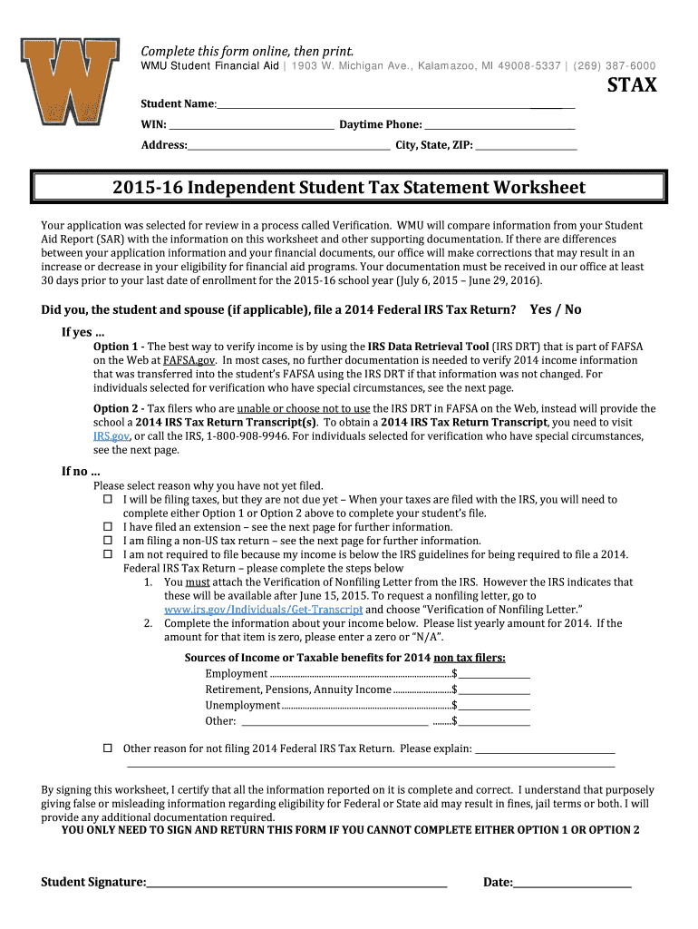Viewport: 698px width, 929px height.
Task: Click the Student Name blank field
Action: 394,103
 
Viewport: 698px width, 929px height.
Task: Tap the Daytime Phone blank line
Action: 499,124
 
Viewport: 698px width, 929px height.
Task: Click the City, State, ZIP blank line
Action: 526,144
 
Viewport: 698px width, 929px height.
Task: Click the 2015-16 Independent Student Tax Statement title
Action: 349,188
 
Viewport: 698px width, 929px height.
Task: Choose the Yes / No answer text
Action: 556,309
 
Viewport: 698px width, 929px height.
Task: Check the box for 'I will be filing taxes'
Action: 107,500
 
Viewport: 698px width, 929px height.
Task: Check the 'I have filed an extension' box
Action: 107,527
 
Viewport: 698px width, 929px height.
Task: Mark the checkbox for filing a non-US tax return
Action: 107,541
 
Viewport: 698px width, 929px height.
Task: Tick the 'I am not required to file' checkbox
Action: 107,554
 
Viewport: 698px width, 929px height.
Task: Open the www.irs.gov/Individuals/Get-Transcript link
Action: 262,610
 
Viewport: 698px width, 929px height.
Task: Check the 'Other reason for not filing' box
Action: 107,748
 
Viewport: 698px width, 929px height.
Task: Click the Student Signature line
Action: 297,882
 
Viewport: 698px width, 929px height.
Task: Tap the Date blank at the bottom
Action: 573,882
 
